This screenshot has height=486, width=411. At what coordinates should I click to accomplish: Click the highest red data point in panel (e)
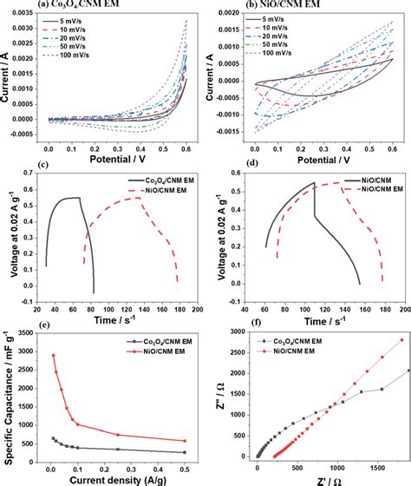click(53, 355)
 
